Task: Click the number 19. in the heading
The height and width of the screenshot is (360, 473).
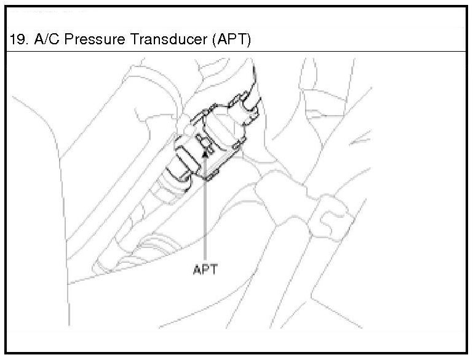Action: pyautogui.click(x=19, y=40)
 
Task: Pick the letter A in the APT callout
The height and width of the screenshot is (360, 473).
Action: pyautogui.click(x=197, y=270)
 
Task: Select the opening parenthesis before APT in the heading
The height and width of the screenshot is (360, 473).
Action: pyautogui.click(x=212, y=40)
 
